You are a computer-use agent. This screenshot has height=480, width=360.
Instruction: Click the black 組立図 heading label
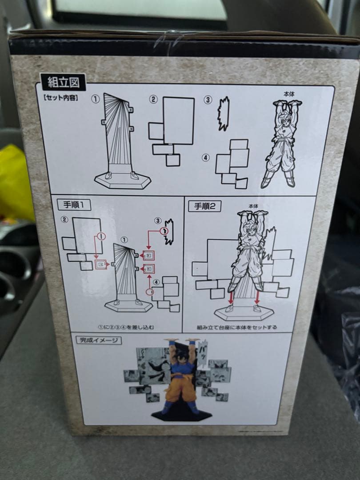click(x=63, y=82)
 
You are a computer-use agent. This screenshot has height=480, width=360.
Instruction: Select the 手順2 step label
click(x=204, y=206)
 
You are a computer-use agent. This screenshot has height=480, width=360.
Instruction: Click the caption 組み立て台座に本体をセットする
click(x=237, y=327)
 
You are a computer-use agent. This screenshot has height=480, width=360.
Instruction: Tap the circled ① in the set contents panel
click(x=96, y=100)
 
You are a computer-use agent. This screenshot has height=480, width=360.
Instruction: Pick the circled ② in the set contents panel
click(x=153, y=100)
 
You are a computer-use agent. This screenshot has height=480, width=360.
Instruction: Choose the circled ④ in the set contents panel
click(x=205, y=158)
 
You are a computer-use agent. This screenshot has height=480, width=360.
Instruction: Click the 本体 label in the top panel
click(x=289, y=94)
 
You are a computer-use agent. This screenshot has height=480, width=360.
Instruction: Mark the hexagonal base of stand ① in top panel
click(x=123, y=180)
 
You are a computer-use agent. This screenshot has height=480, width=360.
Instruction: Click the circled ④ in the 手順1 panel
click(x=156, y=281)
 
